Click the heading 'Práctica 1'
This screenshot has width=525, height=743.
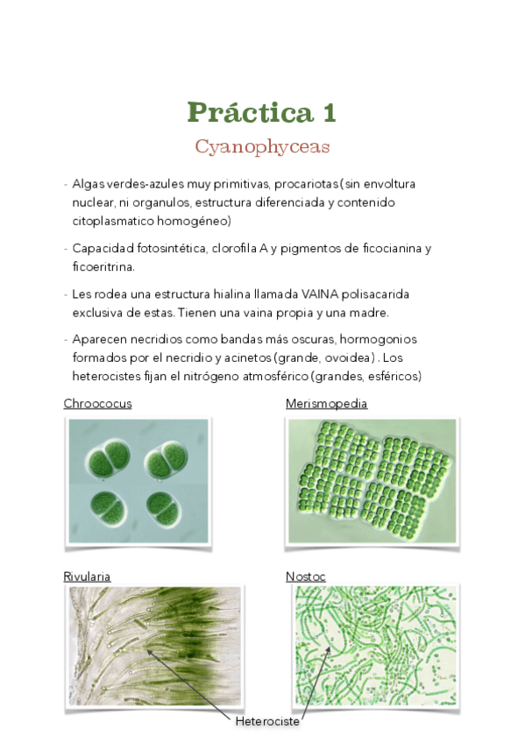click(x=261, y=112)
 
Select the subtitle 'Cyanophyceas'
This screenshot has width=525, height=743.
click(x=262, y=146)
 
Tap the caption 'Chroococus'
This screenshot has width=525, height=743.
click(x=97, y=404)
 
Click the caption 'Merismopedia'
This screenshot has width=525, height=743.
click(x=326, y=404)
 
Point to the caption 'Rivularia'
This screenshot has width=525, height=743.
click(x=87, y=577)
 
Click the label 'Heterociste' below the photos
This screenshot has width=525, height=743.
click(x=266, y=721)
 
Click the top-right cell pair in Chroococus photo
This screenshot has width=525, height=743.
click(x=165, y=461)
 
